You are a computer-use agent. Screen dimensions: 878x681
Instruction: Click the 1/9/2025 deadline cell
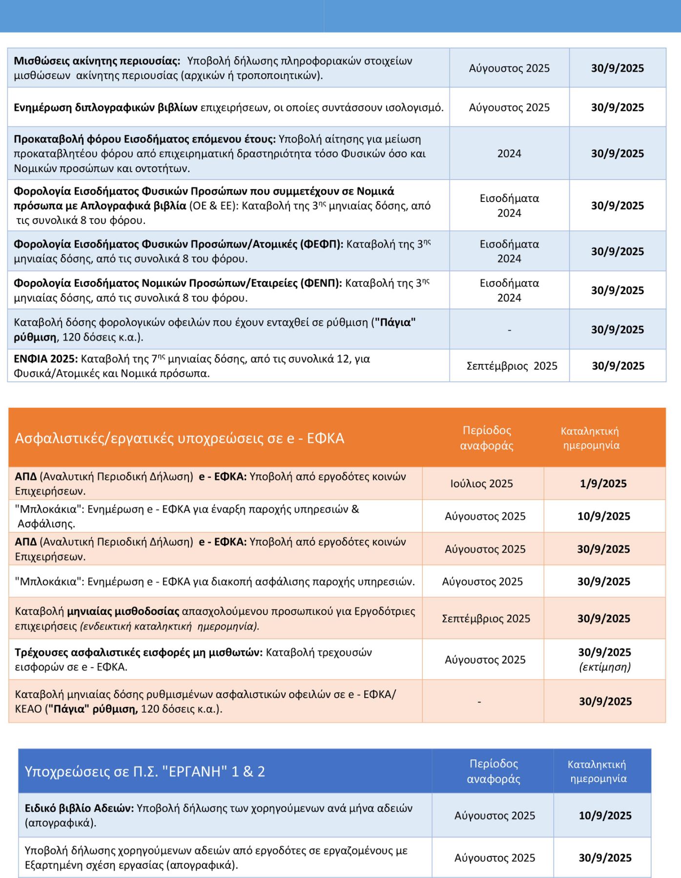pos(603,483)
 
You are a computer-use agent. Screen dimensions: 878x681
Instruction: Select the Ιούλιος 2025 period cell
pos(481,483)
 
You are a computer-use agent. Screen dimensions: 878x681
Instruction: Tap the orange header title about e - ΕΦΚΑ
pos(180,438)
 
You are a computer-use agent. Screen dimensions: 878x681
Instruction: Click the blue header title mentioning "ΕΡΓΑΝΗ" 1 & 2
pos(145,771)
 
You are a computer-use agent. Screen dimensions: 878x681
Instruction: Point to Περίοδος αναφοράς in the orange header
pos(487,438)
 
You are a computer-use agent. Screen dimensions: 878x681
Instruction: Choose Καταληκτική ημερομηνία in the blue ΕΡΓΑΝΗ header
pos(598,771)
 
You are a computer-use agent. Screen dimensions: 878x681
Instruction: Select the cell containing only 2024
pos(509,154)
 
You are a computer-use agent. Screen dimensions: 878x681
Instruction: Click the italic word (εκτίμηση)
pos(605,667)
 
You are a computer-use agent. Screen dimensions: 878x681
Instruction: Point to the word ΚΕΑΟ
pos(29,709)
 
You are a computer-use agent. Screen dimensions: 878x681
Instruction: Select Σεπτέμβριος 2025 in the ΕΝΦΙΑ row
pos(512,366)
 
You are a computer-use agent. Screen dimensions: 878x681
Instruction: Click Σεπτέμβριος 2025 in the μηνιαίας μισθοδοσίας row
pos(486,619)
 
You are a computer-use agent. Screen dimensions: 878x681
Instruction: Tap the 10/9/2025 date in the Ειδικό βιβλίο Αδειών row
pos(605,815)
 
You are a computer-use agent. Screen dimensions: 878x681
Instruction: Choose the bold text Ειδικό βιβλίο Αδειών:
pos(79,808)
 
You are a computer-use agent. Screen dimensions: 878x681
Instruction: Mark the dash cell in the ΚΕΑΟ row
pos(479,701)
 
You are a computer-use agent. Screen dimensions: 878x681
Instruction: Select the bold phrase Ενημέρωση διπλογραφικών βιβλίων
pos(105,107)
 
